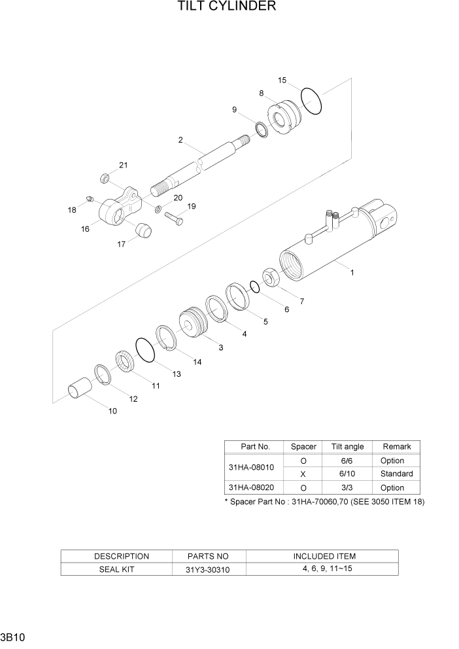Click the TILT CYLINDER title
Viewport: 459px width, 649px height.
pos(226,7)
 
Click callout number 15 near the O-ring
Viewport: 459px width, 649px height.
pos(282,80)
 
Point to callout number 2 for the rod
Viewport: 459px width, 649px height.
pos(180,140)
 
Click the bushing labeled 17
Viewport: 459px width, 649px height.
pos(142,230)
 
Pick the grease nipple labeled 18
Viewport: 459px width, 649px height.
pos(91,198)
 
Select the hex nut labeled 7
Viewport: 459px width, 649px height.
pos(271,279)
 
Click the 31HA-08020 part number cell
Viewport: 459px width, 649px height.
pos(252,487)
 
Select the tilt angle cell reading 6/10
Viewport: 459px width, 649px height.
pos(347,474)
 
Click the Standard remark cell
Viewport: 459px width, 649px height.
pos(396,474)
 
